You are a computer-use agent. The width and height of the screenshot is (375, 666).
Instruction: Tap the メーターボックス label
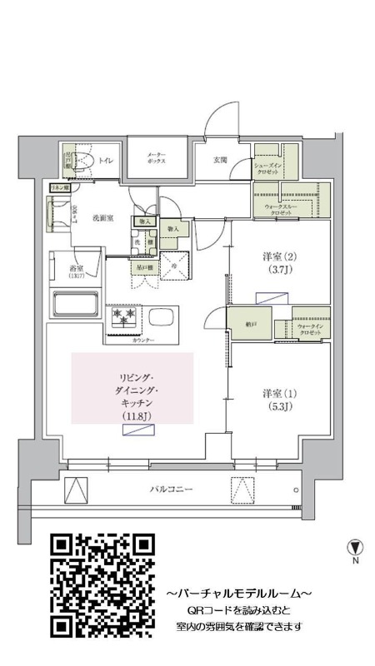(x=157, y=157)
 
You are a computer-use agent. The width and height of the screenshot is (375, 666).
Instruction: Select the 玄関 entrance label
(x=221, y=159)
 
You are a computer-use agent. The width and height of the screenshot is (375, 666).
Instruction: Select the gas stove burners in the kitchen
(x=123, y=318)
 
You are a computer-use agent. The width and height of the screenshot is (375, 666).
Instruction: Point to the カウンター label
(x=143, y=341)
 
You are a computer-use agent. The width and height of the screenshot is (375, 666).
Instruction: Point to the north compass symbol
(x=355, y=548)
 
